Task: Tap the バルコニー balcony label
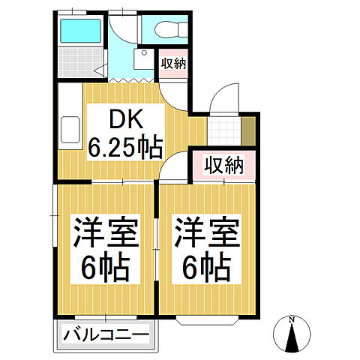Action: tap(105, 334)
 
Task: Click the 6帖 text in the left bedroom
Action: tap(105, 267)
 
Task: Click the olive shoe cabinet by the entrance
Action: tap(248, 130)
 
